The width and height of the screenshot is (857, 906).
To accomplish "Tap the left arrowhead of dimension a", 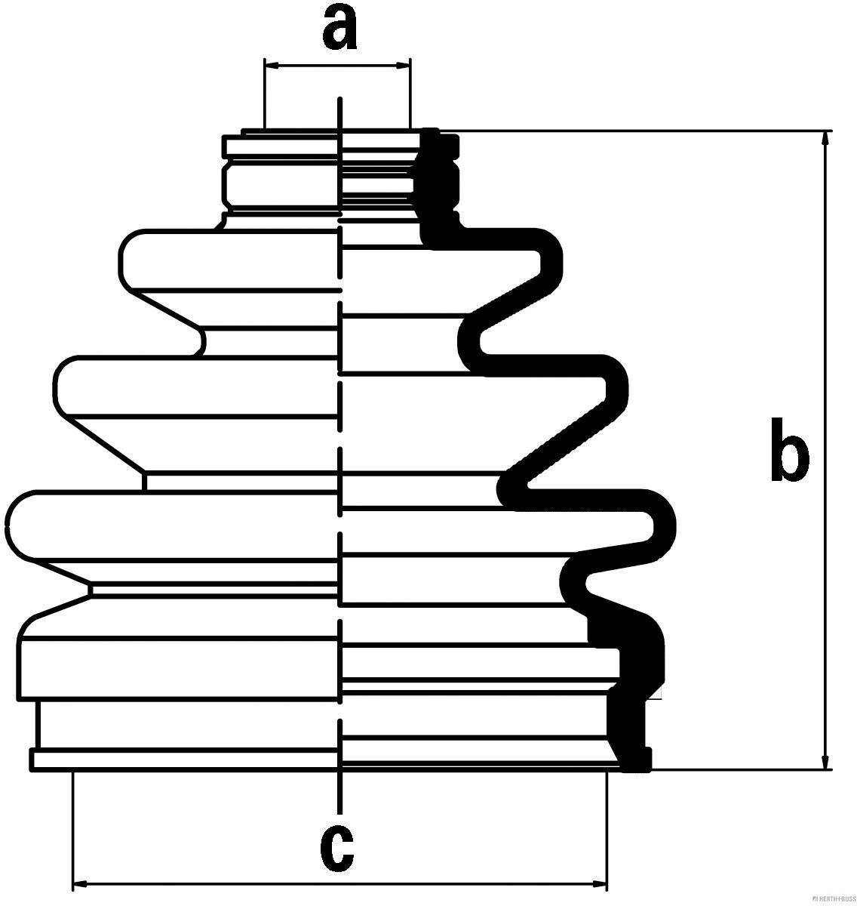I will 272,66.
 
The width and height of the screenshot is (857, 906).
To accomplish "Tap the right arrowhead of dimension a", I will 404,66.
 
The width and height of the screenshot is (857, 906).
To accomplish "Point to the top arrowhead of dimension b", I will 828,138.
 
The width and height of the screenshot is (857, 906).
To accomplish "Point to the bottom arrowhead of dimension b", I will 828,763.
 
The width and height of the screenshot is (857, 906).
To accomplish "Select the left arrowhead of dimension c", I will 80,883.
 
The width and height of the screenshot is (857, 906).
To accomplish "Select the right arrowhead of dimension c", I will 599,883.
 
